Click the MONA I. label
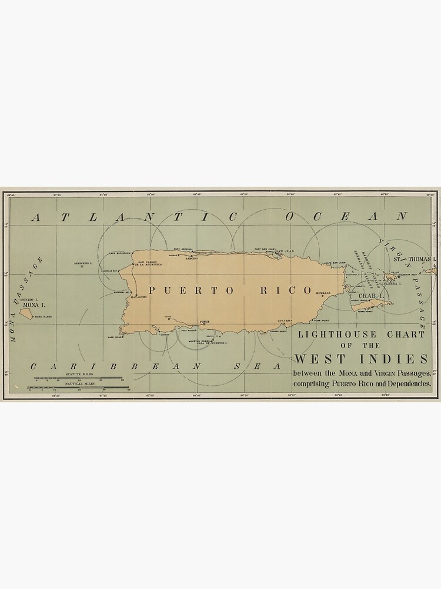pos(29,305)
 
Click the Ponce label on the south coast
pos(205,322)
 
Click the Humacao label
pos(323,293)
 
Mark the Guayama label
pos(285,320)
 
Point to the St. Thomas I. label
pos(415,259)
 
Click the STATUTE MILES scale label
pos(77,374)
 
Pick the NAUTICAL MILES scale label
pos(77,383)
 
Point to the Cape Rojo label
pos(113,337)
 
